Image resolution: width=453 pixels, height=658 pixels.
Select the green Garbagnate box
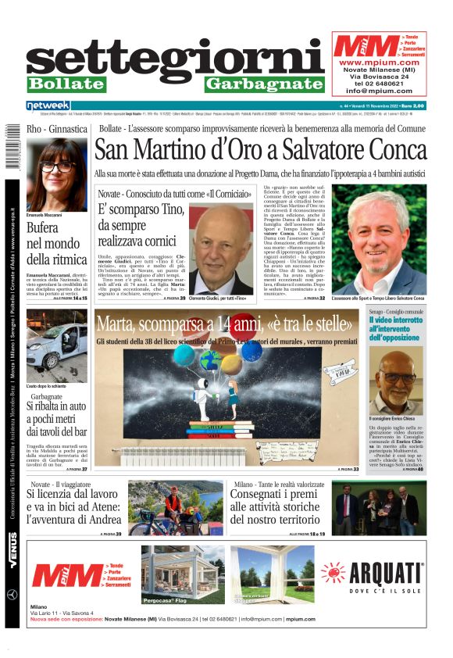(x=264, y=84)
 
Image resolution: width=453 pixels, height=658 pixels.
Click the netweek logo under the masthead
(x=48, y=105)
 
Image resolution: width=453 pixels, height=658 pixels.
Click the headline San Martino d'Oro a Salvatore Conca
(x=260, y=149)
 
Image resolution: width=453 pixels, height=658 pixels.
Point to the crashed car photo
(x=56, y=345)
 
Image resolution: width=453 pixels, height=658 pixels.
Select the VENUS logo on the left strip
(x=12, y=551)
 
